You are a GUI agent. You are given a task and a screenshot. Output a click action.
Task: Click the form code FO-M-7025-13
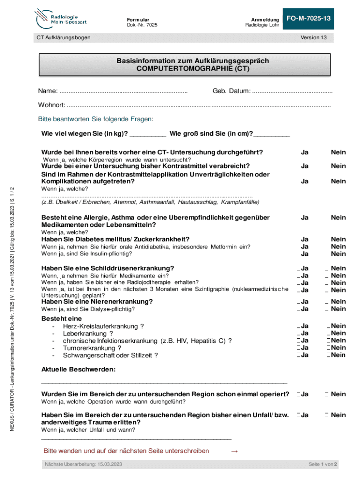pos(309,18)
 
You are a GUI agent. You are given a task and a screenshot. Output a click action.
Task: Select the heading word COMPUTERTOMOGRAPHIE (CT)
pos(193,69)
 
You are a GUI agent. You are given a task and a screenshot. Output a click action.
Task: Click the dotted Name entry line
pos(124,90)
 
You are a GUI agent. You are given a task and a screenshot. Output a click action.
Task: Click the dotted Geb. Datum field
pos(292,90)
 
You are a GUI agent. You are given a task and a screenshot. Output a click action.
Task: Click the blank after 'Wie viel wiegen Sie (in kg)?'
pos(148,135)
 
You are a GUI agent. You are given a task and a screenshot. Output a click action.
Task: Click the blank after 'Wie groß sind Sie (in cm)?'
pos(272,135)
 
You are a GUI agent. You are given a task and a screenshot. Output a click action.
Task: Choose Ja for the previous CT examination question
pos(304,152)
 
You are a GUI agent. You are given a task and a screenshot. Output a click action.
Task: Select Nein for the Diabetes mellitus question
pos(338,239)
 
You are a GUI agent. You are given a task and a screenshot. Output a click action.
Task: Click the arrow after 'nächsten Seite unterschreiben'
pos(235,451)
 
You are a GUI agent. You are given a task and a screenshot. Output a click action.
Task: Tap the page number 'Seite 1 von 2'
pos(323,464)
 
